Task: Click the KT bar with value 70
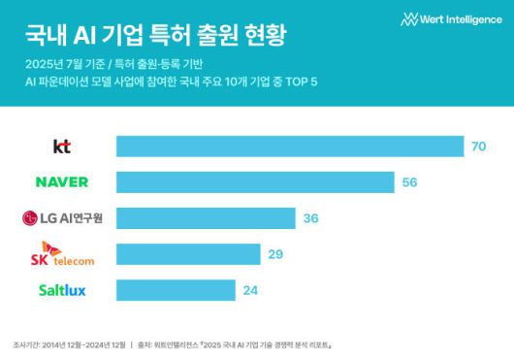289,147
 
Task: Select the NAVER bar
255,182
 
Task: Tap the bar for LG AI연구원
206,218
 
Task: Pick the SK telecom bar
188,254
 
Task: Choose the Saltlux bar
176,290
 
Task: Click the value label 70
477,147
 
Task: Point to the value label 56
408,182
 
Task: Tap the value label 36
310,218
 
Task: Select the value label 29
275,254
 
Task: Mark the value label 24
251,290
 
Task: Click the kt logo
62,147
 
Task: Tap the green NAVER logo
62,182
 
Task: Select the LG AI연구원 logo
62,218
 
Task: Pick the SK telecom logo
62,255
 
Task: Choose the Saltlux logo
62,290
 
